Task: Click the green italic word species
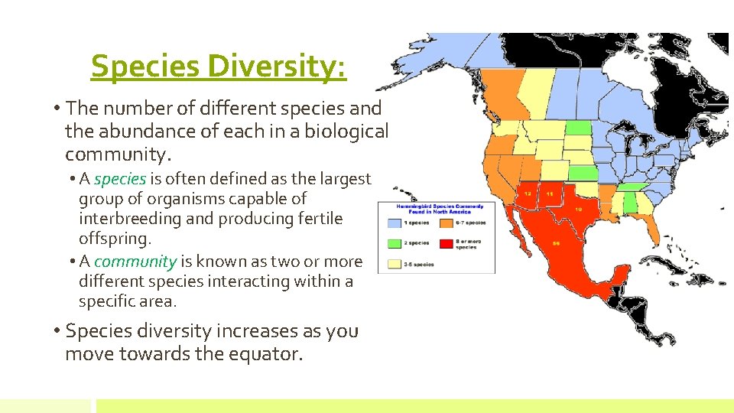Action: coord(120,179)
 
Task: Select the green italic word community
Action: coord(135,262)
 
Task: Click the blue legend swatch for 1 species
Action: coord(394,223)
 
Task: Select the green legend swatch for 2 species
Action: coord(394,243)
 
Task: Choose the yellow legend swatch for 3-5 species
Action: coord(394,263)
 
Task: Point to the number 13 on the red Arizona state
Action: coord(528,193)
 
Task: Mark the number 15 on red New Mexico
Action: coord(550,193)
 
